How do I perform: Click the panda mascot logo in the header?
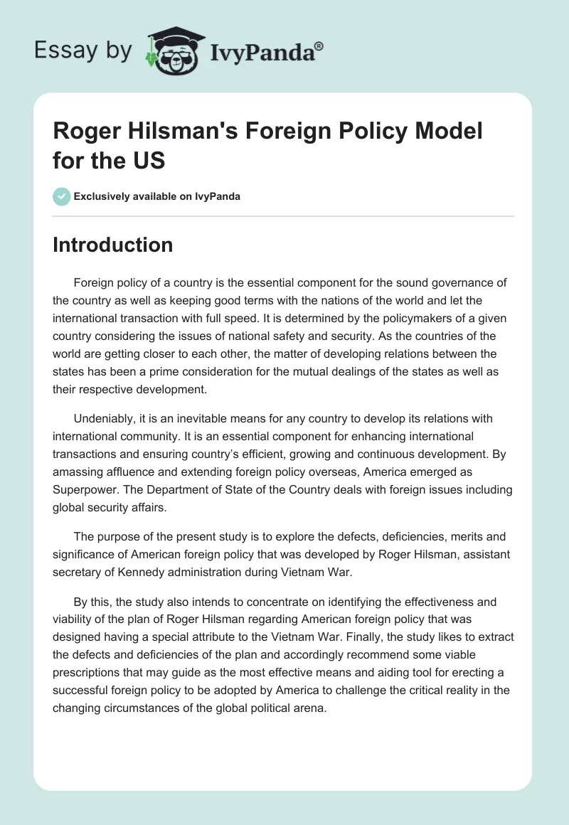pyautogui.click(x=174, y=50)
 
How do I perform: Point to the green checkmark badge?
pyautogui.click(x=62, y=196)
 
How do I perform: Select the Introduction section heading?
pyautogui.click(x=112, y=245)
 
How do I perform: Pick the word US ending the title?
pyautogui.click(x=149, y=160)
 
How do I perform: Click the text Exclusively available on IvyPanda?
pyautogui.click(x=157, y=196)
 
